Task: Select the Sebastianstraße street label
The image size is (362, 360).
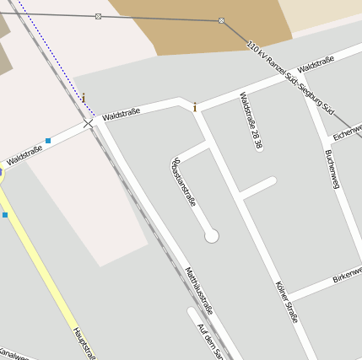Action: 184,180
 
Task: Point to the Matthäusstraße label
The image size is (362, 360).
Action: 199,290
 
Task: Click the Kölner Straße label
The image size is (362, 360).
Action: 287,302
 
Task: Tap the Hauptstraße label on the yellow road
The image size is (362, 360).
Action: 84,342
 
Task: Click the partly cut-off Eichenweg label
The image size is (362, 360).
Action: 347,132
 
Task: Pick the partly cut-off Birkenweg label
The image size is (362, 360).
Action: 347,274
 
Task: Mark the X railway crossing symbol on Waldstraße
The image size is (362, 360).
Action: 88,124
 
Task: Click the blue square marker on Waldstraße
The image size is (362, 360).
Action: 48,140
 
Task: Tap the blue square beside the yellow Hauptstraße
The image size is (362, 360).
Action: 5,215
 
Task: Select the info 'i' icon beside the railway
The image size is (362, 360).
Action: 83,99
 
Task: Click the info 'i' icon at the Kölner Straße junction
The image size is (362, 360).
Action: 196,107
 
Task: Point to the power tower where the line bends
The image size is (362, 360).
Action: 221,20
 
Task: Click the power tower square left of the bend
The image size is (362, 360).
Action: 99,16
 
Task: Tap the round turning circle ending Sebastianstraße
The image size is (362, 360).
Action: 212,236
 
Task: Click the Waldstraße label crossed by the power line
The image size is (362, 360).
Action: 316,63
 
